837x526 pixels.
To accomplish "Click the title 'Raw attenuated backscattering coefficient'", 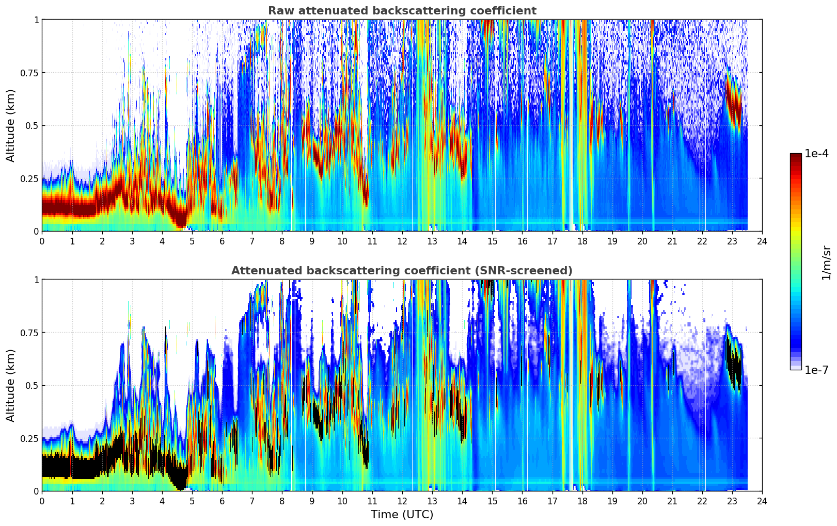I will pyautogui.click(x=402, y=11).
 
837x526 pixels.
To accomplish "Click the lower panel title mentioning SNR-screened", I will pyautogui.click(x=402, y=271).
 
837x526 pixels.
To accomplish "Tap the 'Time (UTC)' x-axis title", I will pyautogui.click(x=402, y=514).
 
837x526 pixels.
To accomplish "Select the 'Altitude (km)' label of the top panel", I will pyautogui.click(x=11, y=125).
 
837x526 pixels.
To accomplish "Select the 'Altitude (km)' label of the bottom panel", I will pyautogui.click(x=11, y=385).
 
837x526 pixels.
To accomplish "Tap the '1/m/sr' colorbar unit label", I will pyautogui.click(x=826, y=262).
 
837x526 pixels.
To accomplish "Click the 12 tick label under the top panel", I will pyautogui.click(x=402, y=241).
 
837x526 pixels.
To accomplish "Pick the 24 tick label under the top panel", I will pyautogui.click(x=762, y=241).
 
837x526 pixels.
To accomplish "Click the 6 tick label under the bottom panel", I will pyautogui.click(x=222, y=501).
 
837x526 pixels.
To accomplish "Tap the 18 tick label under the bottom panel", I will pyautogui.click(x=582, y=501).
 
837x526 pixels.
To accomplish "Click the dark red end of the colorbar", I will pyautogui.click(x=796, y=156).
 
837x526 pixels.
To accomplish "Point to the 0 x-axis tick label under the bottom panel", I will pyautogui.click(x=42, y=501).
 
